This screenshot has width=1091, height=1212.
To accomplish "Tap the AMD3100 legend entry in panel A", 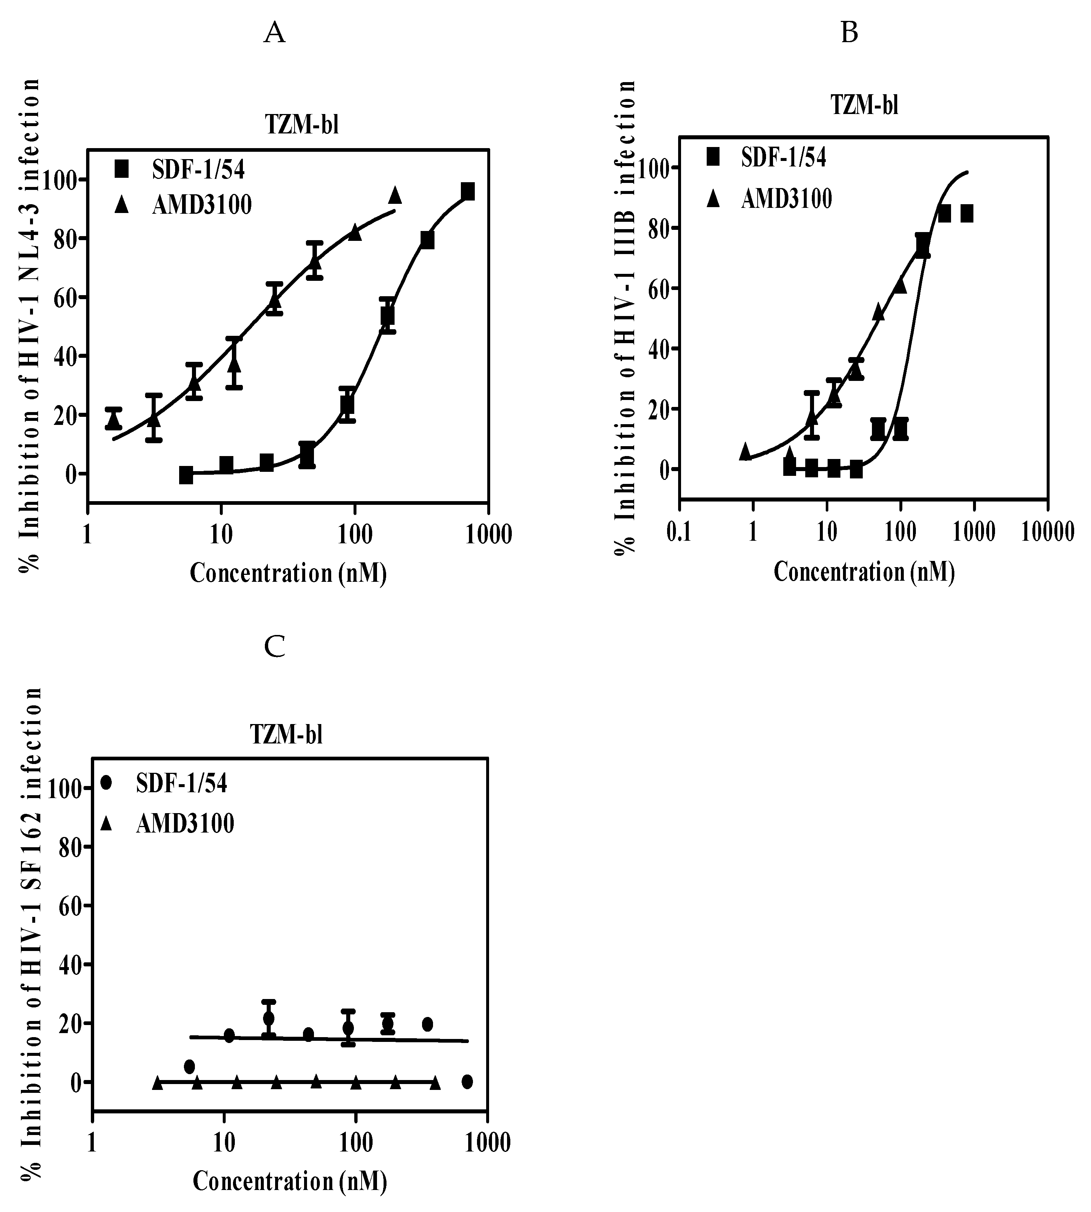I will pos(201,205).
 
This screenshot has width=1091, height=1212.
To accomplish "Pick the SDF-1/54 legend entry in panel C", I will pos(181,783).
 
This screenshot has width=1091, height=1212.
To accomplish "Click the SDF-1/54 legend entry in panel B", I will pos(783,157).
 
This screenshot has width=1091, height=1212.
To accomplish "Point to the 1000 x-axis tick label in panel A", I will pos(490,534).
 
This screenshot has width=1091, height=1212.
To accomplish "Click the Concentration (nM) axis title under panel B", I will pos(864,572).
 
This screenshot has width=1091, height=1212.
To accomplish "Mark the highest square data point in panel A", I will pos(467,192).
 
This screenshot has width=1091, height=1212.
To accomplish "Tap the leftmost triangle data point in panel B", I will pos(745,451).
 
